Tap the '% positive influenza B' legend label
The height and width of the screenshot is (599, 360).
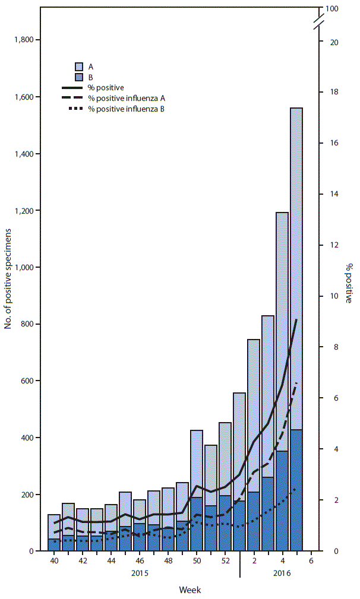pyautogui.click(x=126, y=109)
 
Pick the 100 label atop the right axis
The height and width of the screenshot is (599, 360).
pyautogui.click(x=332, y=9)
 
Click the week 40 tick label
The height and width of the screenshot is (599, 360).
pyautogui.click(x=54, y=560)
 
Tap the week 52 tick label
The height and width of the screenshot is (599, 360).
pyautogui.click(x=225, y=560)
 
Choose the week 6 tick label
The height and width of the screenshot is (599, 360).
pyautogui.click(x=311, y=560)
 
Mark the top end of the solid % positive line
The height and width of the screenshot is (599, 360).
pyautogui.click(x=296, y=319)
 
